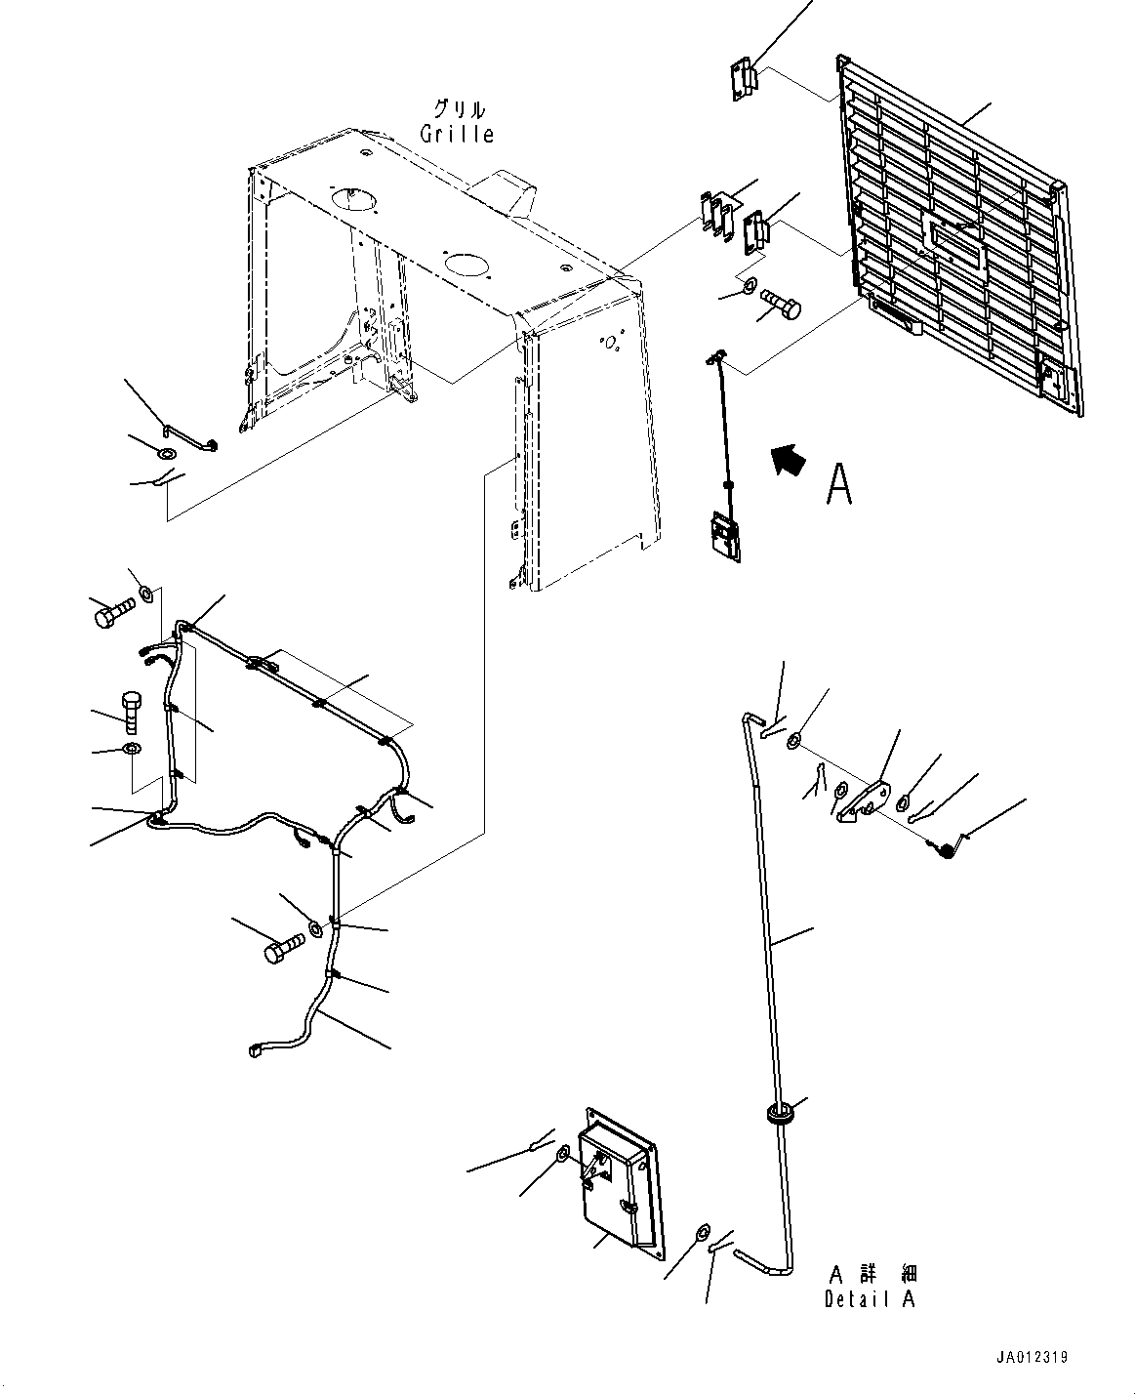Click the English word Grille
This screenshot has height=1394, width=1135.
coord(457,134)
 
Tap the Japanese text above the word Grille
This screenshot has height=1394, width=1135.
coord(460,108)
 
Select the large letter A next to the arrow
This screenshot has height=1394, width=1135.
coord(839,483)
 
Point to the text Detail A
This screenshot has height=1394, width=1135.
coord(870,1298)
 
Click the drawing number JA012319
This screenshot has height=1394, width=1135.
coord(1032,1357)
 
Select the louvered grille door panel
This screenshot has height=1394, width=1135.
coord(959,235)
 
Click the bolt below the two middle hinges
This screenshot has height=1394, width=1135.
coord(781,304)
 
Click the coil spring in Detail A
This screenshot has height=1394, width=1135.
coord(946,849)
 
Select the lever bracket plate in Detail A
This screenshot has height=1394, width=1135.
coord(864,802)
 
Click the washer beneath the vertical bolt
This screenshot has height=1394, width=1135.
coord(132,749)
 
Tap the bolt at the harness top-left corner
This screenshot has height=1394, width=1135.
coord(115,613)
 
